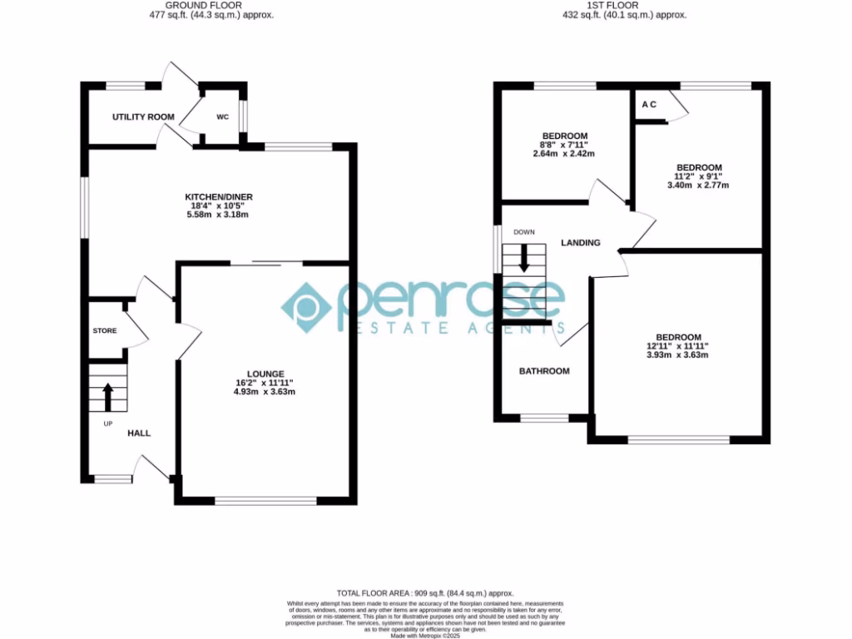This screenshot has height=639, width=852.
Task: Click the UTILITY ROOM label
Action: (143, 117)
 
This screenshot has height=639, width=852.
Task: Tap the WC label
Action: (222, 117)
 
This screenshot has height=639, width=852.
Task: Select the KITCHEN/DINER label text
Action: (218, 197)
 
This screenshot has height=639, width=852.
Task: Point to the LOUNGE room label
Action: (265, 374)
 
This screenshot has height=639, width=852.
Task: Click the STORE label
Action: (105, 331)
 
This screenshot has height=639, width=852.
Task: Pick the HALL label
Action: (139, 433)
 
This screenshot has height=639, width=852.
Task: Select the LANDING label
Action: (581, 243)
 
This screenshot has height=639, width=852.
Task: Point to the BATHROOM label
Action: (544, 371)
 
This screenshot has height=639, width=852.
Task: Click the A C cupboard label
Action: (649, 105)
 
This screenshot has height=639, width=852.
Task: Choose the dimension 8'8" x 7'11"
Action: (565, 146)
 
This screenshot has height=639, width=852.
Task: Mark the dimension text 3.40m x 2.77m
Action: (698, 186)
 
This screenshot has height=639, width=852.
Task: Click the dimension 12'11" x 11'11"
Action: (677, 346)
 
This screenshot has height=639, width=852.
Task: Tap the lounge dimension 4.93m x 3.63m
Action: (265, 392)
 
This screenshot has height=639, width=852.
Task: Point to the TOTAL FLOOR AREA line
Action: (425, 592)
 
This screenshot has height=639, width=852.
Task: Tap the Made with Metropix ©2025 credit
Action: (425, 636)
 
